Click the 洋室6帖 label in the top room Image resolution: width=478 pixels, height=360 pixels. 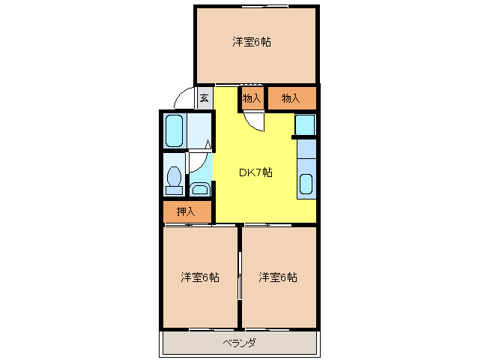251,42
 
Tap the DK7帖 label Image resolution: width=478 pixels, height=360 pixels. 255,172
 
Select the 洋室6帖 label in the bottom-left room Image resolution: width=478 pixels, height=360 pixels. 199,277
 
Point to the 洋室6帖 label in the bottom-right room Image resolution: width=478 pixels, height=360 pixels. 278,277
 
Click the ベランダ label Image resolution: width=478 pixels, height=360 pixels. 239,343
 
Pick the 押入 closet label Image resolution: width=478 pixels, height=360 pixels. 186,212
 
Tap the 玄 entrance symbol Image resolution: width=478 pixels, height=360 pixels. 205,97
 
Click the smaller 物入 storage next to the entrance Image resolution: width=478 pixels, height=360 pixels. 252,98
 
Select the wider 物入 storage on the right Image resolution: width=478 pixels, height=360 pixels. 291,98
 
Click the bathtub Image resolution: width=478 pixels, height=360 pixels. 175,131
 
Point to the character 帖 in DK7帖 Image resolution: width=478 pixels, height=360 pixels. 267,172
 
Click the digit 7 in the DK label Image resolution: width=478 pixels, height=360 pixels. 257,172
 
